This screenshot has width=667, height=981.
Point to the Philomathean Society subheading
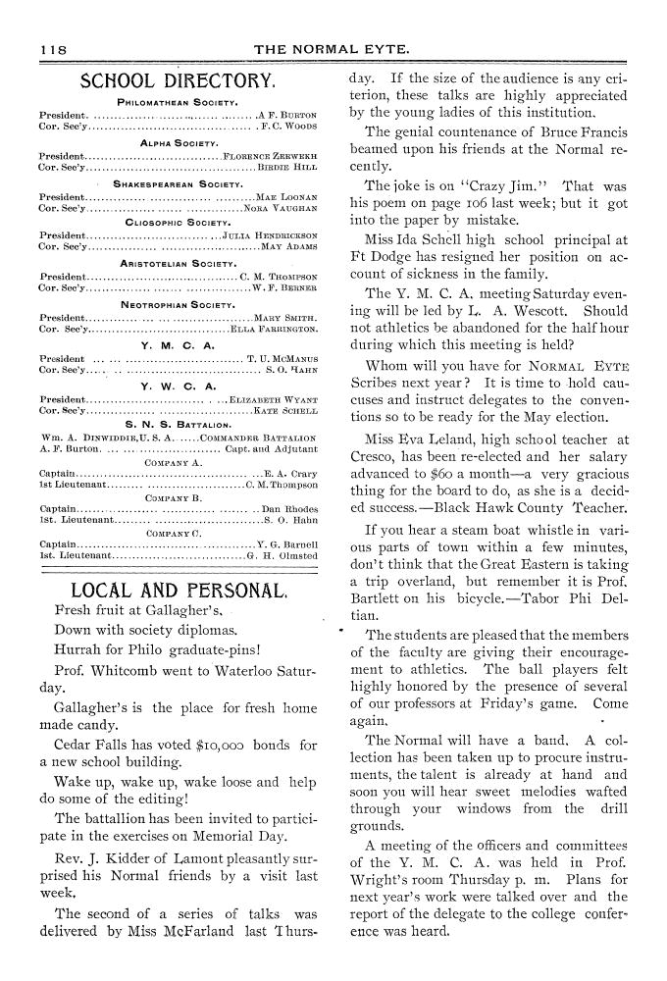179,101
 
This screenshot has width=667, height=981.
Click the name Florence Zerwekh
271,155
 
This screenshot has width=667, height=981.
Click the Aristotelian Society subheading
178,263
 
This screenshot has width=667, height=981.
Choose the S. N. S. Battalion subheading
178,425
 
